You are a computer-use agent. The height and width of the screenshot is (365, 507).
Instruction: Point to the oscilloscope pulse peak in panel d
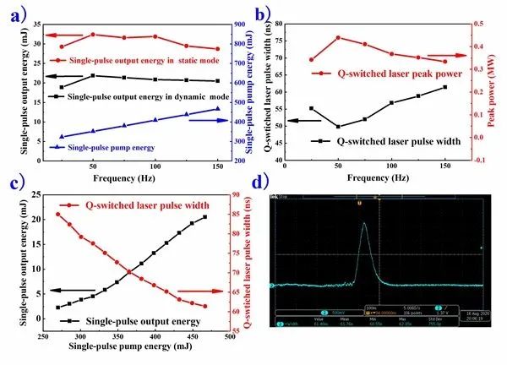pos(364,223)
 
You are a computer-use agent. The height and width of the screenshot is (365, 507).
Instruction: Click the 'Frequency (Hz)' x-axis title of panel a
pos(123,177)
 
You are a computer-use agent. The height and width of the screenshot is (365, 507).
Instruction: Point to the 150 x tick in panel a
pos(217,166)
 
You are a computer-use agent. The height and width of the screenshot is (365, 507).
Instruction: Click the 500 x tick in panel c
pos(229,336)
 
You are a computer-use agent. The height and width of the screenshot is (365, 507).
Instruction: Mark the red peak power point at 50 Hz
pos(338,38)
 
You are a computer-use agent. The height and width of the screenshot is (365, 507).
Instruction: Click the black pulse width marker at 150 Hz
pos(445,87)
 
